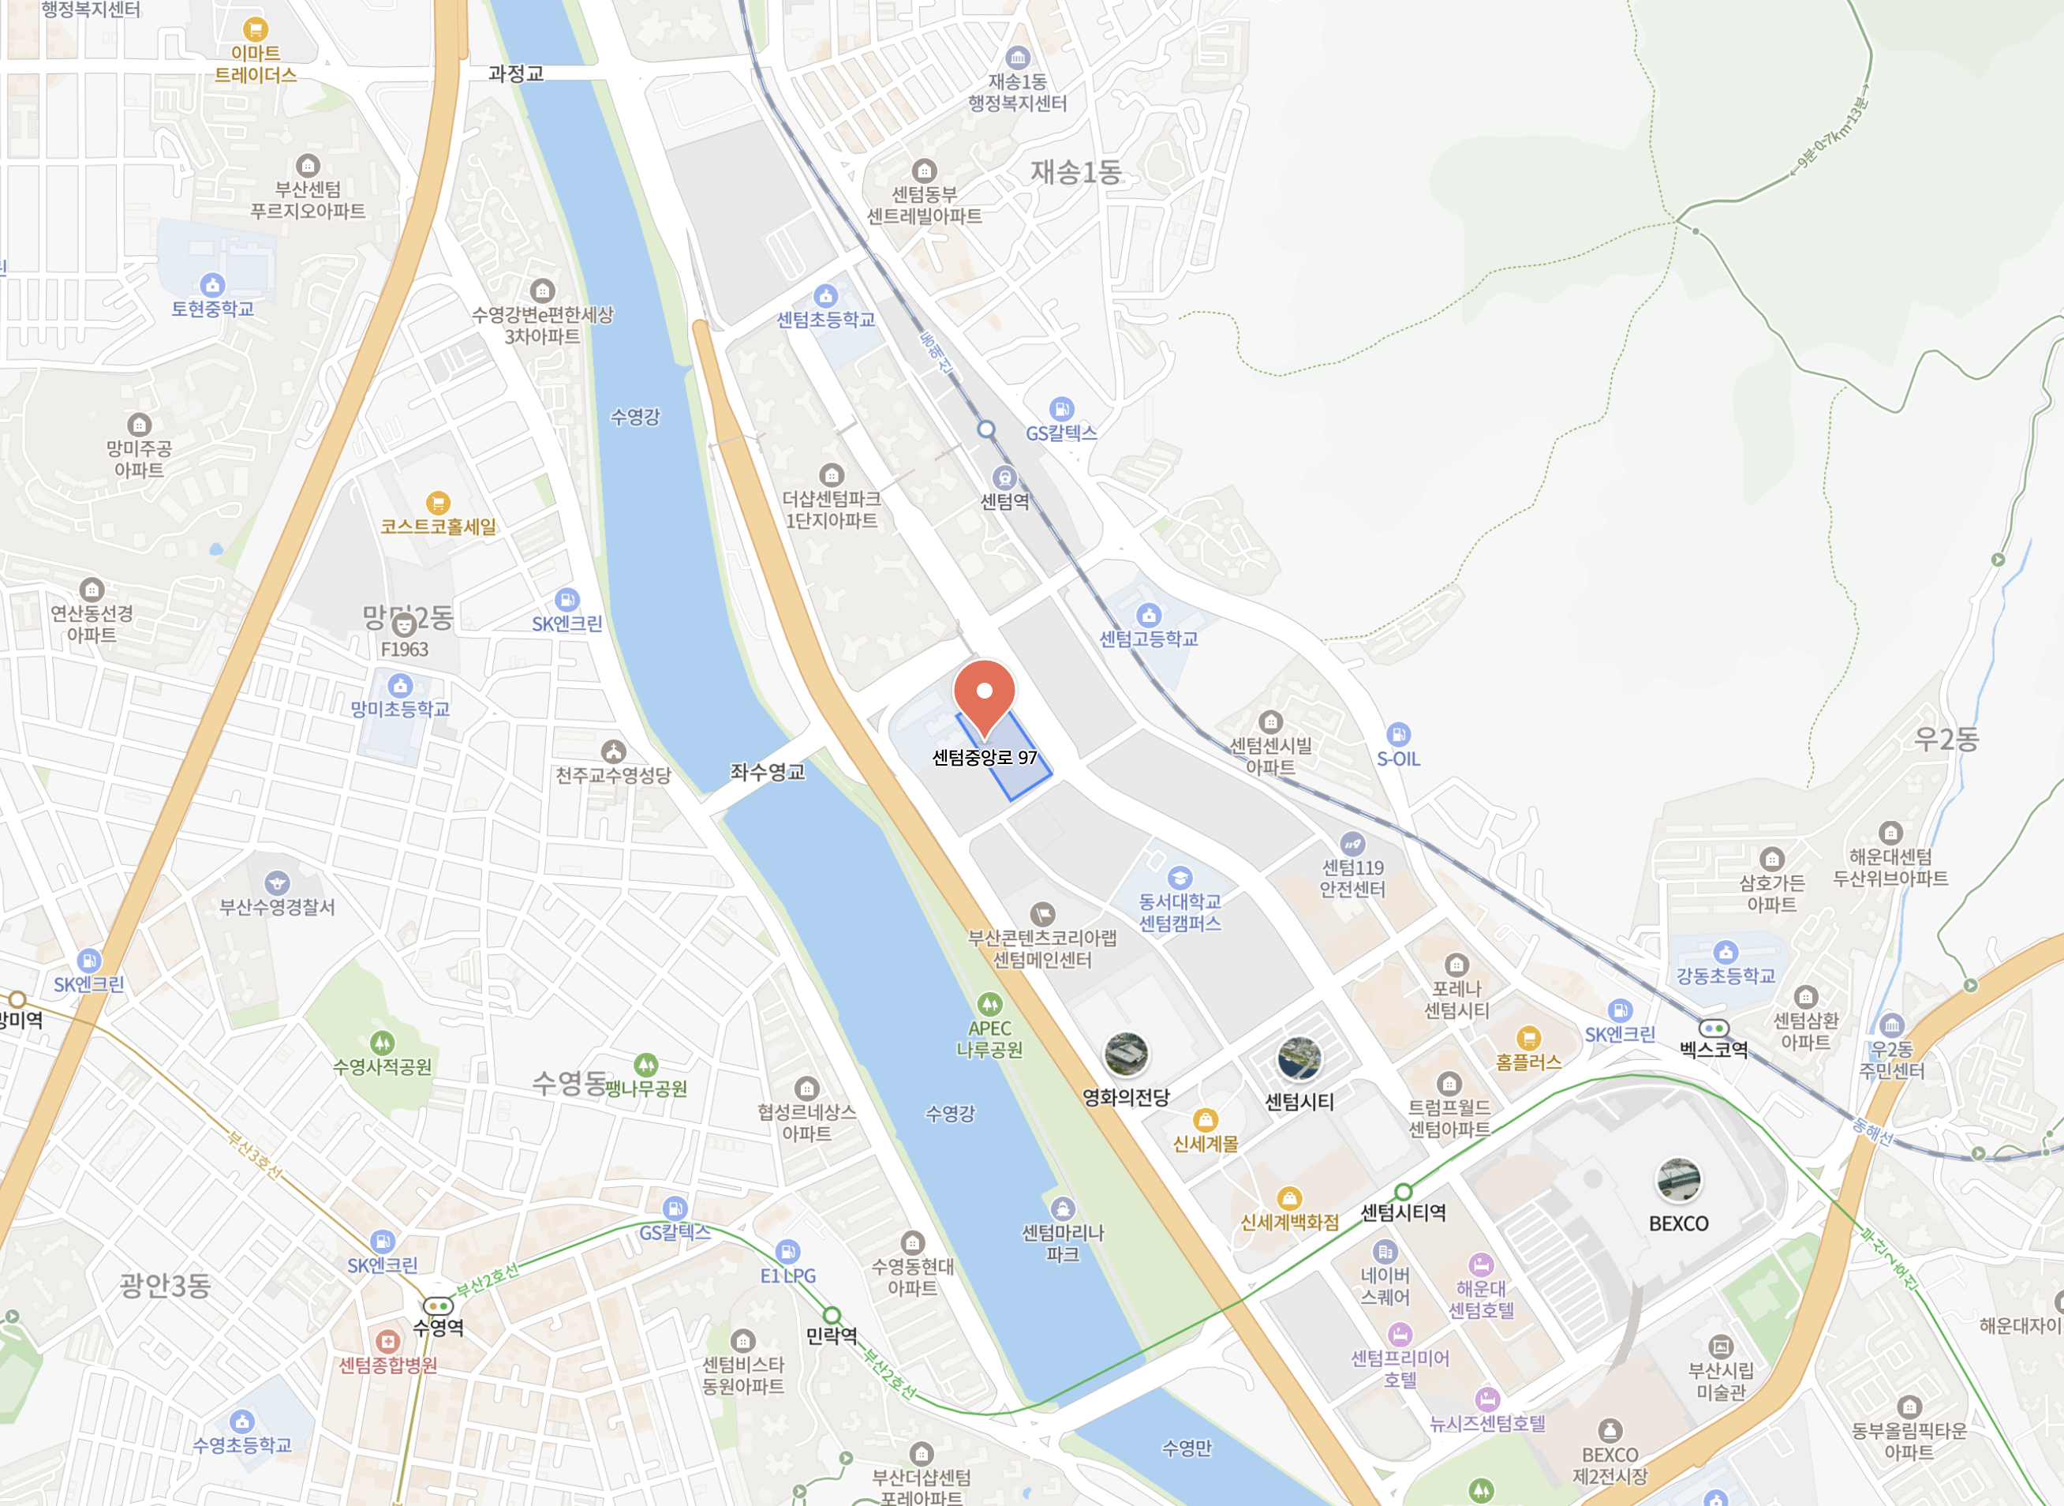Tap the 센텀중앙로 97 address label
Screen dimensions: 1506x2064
pyautogui.click(x=984, y=758)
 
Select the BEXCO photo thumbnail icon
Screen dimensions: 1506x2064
pyautogui.click(x=1677, y=1181)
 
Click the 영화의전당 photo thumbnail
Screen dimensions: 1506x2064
pyautogui.click(x=1127, y=1055)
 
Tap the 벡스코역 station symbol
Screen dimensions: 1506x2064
pyautogui.click(x=1713, y=1028)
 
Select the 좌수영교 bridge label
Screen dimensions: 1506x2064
pyautogui.click(x=767, y=772)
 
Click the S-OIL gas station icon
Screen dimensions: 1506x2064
pyautogui.click(x=1398, y=734)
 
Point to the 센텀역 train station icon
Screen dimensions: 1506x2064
pyautogui.click(x=1004, y=478)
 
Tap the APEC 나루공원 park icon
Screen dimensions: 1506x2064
pyautogui.click(x=989, y=1004)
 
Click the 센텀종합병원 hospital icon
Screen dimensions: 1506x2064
pyautogui.click(x=388, y=1341)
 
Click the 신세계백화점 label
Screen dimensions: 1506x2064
pyautogui.click(x=1289, y=1223)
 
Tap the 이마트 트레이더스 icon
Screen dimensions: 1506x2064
pyautogui.click(x=255, y=29)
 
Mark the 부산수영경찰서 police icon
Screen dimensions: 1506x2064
pyautogui.click(x=277, y=882)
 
